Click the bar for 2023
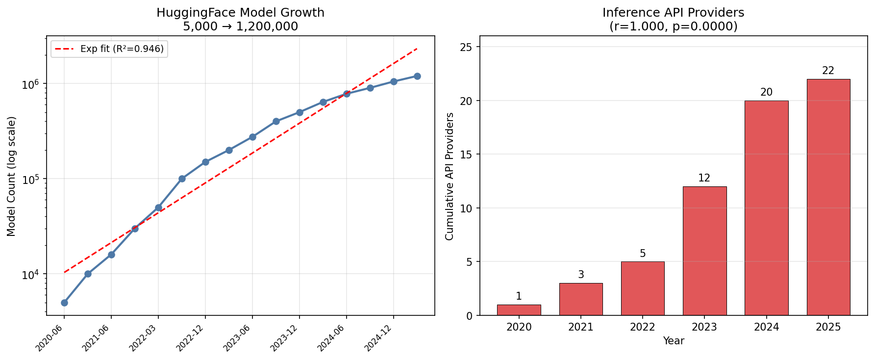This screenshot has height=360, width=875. click(704, 251)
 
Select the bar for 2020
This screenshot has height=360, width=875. click(519, 310)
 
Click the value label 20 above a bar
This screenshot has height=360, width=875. click(766, 92)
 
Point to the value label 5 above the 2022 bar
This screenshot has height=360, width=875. click(643, 254)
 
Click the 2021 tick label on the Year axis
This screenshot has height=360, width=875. click(581, 327)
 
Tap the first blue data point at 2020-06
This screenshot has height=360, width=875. click(64, 303)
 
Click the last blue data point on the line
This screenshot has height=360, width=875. click(417, 76)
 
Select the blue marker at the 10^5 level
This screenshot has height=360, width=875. click(182, 179)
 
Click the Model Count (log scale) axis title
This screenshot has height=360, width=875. click(12, 176)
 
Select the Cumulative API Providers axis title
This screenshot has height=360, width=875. click(450, 176)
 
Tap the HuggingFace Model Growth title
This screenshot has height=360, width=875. click(240, 13)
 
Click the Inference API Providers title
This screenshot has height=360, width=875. click(673, 13)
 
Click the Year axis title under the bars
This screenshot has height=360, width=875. click(673, 341)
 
